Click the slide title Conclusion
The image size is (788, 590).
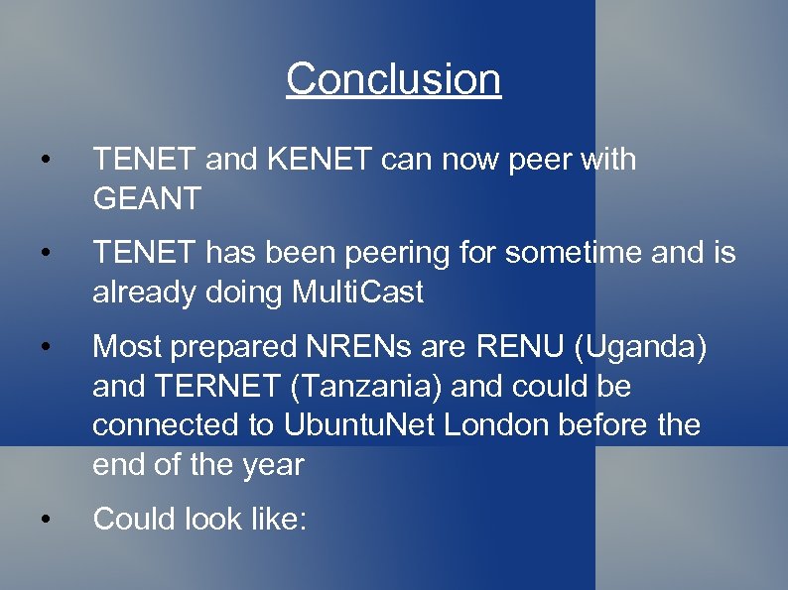[x=394, y=79]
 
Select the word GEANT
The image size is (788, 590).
[x=147, y=198]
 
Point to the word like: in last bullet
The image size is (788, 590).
[x=275, y=518]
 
